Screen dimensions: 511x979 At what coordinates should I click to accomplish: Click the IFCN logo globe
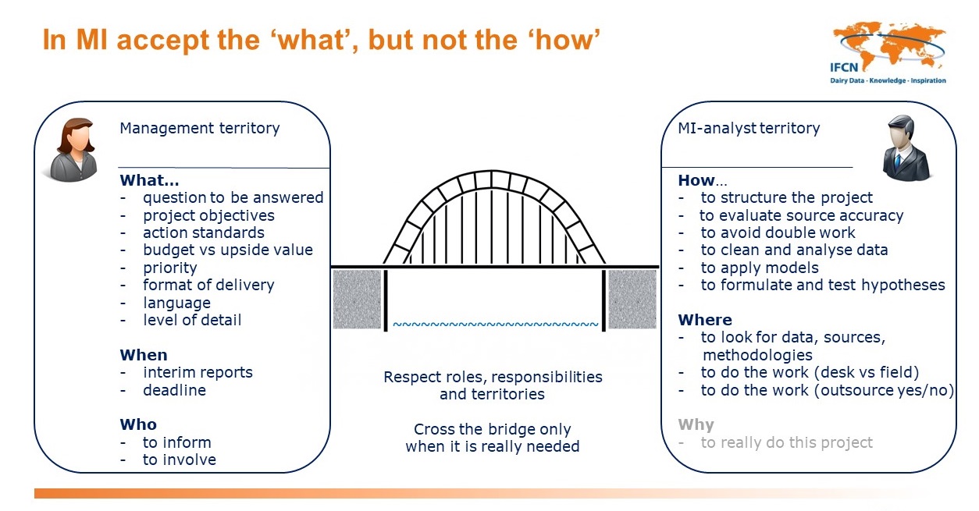coord(888,48)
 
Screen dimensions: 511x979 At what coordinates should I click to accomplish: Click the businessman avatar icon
coord(906,148)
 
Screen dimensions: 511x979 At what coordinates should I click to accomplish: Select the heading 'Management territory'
coord(199,128)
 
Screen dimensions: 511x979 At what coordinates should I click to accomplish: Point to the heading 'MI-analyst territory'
coord(749,128)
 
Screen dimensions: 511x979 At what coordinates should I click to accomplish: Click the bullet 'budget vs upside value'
coord(227,250)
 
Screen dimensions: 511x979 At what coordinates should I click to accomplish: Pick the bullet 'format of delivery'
coord(208,285)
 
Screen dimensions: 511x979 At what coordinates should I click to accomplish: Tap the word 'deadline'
coord(174,390)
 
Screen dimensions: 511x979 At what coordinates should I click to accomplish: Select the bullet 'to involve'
coord(179,460)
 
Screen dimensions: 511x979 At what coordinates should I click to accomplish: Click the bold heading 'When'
coord(144,355)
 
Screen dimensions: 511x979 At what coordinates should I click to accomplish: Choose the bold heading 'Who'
coord(138,424)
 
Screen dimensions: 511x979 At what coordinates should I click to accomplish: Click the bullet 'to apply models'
coord(760,268)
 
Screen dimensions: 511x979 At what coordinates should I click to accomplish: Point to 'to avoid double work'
coord(778,232)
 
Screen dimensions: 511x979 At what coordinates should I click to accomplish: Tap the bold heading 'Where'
coord(705,320)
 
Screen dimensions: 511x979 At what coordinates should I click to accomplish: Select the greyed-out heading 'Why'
coord(696,424)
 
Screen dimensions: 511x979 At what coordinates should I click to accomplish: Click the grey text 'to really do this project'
coord(786,442)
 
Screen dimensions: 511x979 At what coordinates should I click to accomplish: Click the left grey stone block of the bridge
coord(357,299)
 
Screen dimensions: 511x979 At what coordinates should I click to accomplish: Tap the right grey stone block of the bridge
coord(632,299)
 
